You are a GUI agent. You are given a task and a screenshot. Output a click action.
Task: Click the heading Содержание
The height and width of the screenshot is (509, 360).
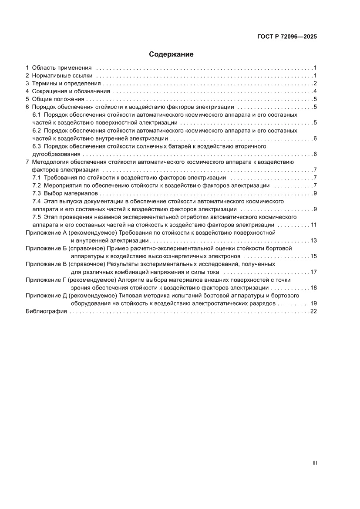click(x=171, y=54)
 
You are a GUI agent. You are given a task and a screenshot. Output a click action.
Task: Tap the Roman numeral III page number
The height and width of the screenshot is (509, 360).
click(x=314, y=463)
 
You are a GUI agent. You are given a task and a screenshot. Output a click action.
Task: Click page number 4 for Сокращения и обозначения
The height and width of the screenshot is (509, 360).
click(x=315, y=91)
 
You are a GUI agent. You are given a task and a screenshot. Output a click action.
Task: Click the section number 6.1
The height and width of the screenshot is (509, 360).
click(x=37, y=115)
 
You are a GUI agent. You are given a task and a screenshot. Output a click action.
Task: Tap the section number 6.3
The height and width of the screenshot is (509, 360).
click(x=37, y=146)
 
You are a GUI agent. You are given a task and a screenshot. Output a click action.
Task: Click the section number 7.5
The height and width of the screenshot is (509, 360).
click(x=37, y=217)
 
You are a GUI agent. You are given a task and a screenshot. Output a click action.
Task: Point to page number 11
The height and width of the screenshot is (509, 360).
click(x=313, y=225)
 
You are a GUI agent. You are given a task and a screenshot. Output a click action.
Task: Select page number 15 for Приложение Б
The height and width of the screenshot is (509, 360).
click(x=313, y=256)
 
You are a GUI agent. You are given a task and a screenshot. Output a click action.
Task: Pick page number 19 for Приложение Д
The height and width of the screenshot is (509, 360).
click(x=313, y=303)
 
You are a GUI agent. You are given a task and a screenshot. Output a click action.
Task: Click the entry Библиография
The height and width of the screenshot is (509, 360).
click(x=46, y=311)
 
